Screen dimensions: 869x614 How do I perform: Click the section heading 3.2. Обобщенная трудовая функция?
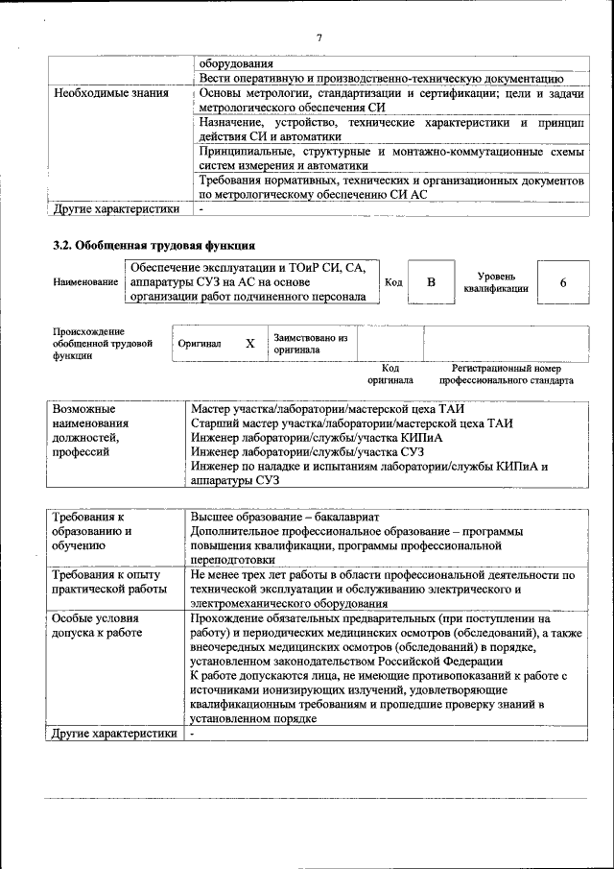click(153, 245)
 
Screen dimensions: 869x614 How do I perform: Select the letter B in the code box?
click(431, 282)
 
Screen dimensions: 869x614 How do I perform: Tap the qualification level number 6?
click(563, 282)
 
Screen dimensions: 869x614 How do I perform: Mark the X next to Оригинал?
click(250, 344)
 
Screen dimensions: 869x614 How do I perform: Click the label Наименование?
click(87, 283)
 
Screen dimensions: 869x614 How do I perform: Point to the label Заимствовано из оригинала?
click(310, 344)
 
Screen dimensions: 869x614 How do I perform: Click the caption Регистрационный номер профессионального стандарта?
click(507, 374)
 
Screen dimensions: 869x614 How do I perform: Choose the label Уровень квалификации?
click(495, 282)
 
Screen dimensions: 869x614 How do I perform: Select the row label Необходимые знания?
click(112, 94)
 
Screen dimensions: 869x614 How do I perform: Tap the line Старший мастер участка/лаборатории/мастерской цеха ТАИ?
click(351, 423)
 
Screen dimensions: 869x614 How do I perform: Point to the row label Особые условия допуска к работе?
click(98, 626)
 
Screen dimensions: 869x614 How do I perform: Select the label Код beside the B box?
click(393, 282)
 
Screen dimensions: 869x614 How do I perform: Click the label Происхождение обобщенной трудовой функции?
click(103, 344)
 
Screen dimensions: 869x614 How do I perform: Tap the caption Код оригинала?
click(390, 374)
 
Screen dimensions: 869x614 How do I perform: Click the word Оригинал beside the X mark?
click(200, 344)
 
